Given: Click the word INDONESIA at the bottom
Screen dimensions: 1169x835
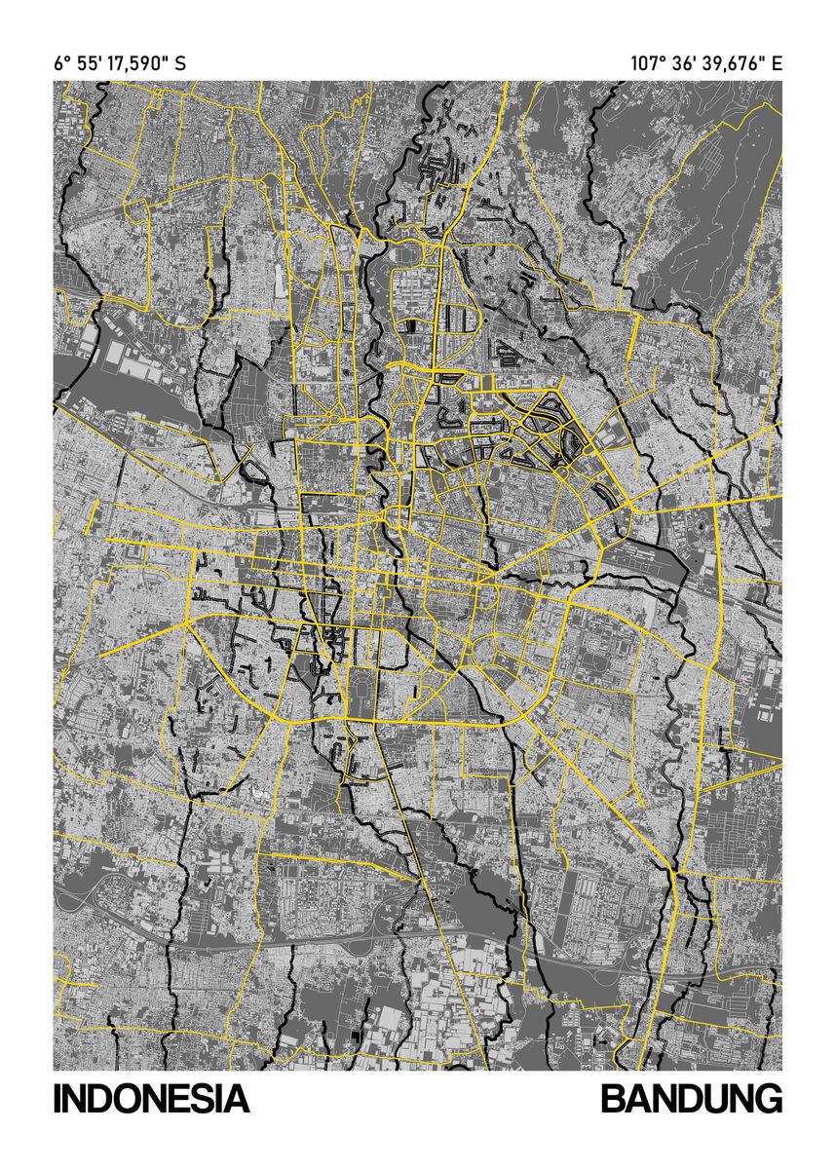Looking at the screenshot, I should click(x=151, y=1100).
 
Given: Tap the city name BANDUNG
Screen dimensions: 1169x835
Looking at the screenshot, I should click(x=691, y=1100).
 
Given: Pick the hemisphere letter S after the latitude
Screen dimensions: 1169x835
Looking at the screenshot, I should click(x=179, y=64).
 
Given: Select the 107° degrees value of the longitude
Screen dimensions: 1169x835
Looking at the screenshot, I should click(x=647, y=64).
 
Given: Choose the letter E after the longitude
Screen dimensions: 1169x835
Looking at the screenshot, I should click(x=777, y=64).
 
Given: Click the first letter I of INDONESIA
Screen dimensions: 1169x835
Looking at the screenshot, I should click(x=57, y=1100).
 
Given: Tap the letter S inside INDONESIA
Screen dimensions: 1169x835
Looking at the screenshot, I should click(x=201, y=1100).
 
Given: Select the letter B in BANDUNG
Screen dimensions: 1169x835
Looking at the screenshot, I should click(x=613, y=1100).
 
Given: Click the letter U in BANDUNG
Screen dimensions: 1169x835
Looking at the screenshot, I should click(x=713, y=1100).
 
